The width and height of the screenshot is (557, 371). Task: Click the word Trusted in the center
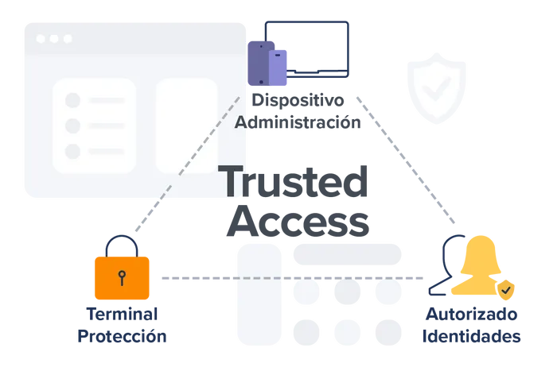click(x=293, y=181)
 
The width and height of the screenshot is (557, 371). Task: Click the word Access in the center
click(x=298, y=221)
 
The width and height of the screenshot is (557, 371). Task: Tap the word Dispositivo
click(x=298, y=101)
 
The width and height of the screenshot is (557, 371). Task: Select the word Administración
click(x=298, y=122)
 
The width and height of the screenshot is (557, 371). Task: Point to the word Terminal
click(x=122, y=315)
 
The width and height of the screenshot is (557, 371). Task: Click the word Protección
click(x=122, y=336)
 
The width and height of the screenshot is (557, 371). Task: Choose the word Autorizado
click(x=471, y=315)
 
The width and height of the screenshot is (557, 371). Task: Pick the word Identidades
click(x=471, y=336)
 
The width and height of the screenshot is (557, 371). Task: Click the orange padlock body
click(x=122, y=278)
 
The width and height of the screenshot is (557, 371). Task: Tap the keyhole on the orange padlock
click(x=122, y=278)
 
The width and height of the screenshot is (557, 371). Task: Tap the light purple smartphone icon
click(x=278, y=68)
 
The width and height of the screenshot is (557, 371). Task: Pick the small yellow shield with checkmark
click(x=506, y=290)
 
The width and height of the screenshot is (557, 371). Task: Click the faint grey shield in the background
click(x=437, y=88)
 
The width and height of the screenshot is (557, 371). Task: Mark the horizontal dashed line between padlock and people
click(x=292, y=278)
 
